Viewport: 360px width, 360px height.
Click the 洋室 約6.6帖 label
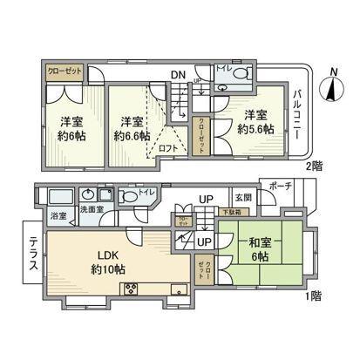click(132, 129)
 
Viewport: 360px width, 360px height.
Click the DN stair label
click(177, 74)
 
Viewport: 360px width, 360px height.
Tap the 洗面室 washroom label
click(92, 210)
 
